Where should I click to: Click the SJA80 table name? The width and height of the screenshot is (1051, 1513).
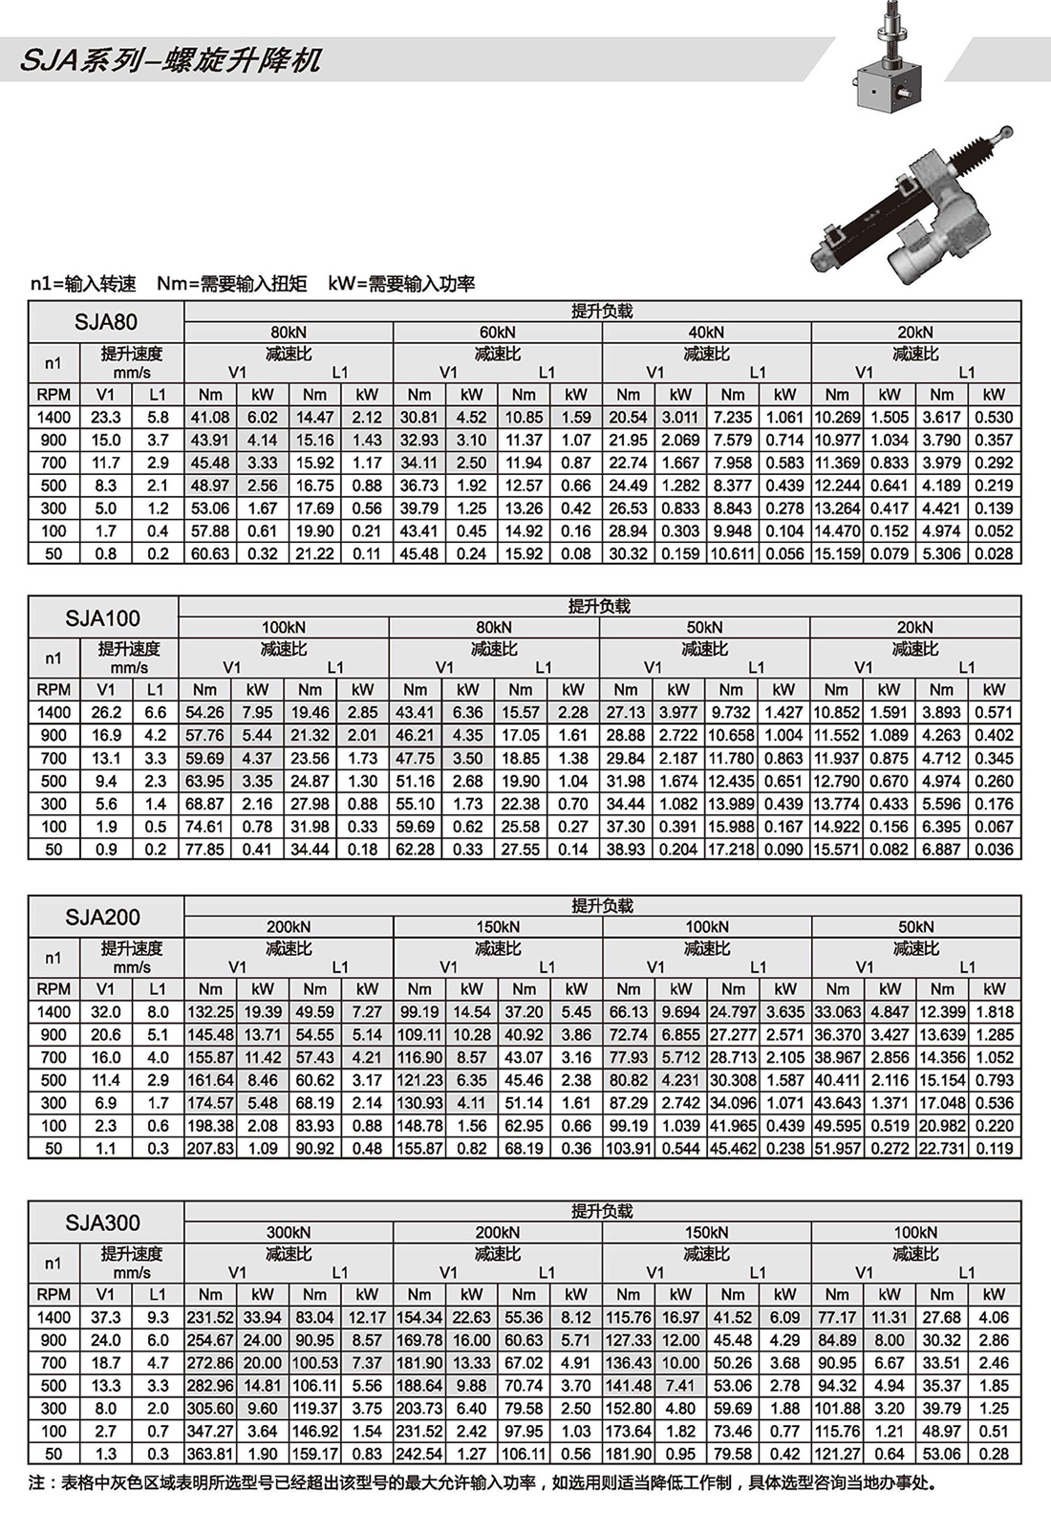105,322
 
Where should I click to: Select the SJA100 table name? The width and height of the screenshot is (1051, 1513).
102,618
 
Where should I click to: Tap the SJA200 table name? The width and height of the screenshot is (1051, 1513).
102,918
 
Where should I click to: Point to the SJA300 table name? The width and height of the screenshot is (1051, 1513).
102,1222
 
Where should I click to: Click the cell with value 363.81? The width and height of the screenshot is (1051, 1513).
210,1454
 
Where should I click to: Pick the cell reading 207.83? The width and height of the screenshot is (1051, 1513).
210,1149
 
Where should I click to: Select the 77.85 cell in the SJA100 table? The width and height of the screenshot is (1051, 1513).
204,849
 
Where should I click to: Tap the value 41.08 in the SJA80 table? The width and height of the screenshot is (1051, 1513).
210,418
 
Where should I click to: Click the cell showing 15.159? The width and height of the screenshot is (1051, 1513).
837,553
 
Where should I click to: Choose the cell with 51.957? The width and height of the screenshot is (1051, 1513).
837,1149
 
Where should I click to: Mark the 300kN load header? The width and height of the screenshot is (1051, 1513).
288,1232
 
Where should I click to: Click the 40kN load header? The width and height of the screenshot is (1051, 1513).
706,332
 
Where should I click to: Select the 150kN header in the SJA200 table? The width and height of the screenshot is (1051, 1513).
497,926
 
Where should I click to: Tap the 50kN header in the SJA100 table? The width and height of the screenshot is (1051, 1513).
704,627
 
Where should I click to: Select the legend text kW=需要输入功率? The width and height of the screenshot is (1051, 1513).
401,284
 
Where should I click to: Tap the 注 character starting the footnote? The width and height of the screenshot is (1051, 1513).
37,1482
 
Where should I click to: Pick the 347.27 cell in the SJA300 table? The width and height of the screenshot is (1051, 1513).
210,1431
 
